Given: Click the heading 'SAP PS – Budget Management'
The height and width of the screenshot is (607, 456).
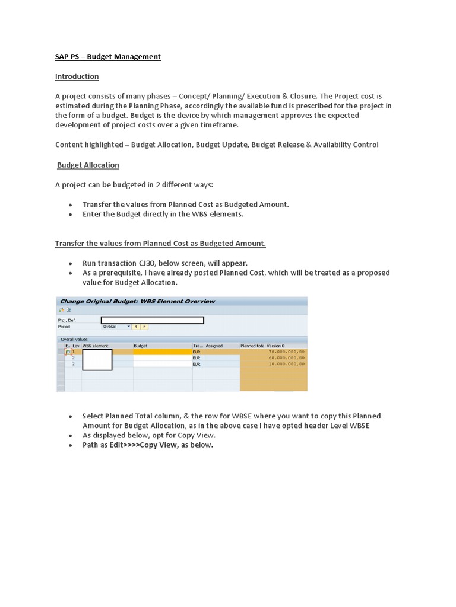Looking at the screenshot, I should click(x=108, y=57).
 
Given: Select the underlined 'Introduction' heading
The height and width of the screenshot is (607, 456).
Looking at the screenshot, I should click(x=77, y=76).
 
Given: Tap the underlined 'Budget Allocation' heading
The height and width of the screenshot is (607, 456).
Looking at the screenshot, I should click(x=88, y=165).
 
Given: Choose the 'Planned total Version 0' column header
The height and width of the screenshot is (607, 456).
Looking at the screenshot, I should click(x=262, y=345).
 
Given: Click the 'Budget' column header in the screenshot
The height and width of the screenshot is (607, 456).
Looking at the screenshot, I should click(x=141, y=345).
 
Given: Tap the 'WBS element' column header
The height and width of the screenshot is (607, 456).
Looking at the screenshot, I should click(x=96, y=345).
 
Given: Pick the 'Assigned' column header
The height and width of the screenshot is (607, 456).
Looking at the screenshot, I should click(x=214, y=345).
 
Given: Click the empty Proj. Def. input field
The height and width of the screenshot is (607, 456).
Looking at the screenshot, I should click(x=152, y=320).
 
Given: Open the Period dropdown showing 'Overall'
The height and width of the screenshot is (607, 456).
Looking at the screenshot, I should click(x=116, y=327).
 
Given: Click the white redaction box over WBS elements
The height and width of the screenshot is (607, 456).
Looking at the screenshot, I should click(x=97, y=360).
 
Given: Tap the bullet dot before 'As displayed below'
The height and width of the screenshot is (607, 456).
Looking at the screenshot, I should click(x=71, y=436).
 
